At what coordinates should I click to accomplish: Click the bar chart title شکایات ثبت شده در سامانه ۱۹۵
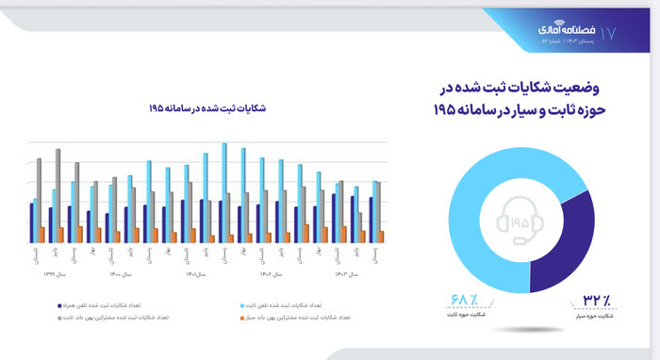(x=206, y=109)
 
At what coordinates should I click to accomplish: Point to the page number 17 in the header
(x=608, y=33)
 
